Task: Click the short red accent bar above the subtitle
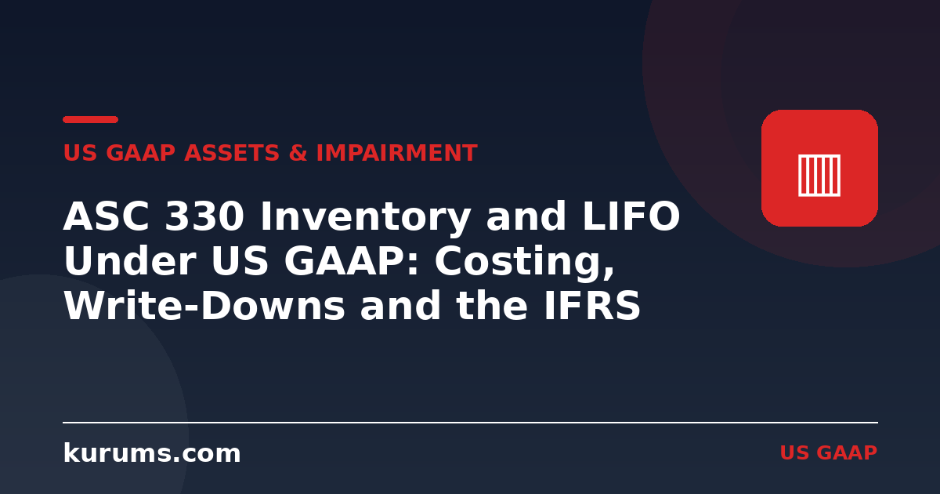(x=90, y=120)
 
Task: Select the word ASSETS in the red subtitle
(x=232, y=152)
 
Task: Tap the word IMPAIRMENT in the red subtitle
(x=397, y=152)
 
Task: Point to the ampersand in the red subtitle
(x=298, y=152)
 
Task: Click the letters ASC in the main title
(x=107, y=216)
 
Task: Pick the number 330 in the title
(x=204, y=216)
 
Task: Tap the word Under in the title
(x=130, y=260)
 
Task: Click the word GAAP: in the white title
(x=351, y=260)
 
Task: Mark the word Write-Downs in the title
(x=204, y=305)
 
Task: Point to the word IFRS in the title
(x=592, y=305)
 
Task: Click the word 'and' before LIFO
(x=526, y=216)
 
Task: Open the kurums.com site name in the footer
(x=152, y=453)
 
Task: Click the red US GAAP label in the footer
(x=829, y=453)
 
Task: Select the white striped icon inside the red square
(x=819, y=175)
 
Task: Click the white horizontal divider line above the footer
(x=471, y=423)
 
